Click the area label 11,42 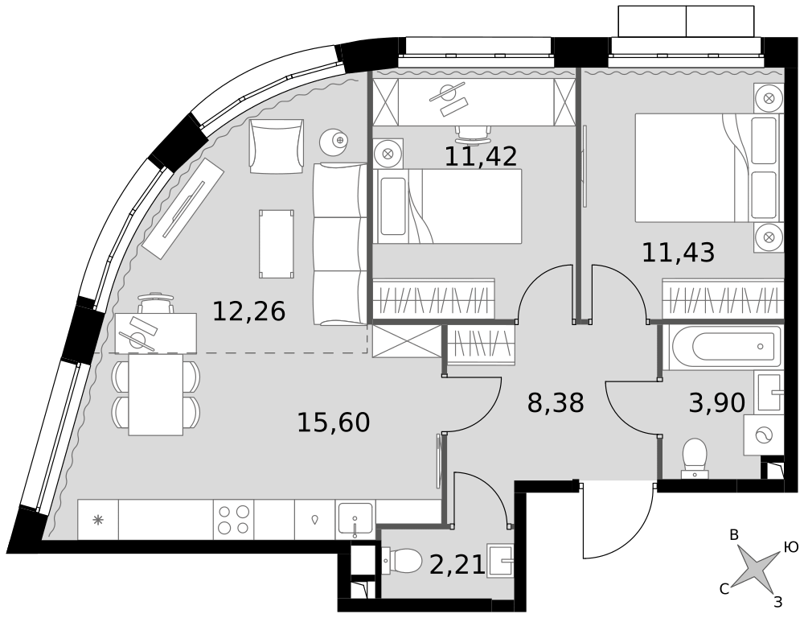coord(481,156)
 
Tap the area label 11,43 coord(678,253)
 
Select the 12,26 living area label coord(248,311)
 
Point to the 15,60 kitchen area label coord(334,422)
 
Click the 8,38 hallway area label coord(556,403)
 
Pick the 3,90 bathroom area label coord(717,403)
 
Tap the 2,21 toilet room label coord(457,566)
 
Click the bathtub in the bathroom coord(723,347)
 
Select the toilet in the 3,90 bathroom coord(695,458)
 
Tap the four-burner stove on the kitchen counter coord(233,519)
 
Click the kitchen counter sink coord(355,519)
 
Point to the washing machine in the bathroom coord(764,435)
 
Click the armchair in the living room coord(277,146)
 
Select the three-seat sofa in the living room coord(339,244)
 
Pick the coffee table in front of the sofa coord(277,245)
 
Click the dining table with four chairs coord(156,395)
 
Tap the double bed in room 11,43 coord(707,168)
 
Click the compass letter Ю coord(790,546)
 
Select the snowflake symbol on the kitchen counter coord(97,520)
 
